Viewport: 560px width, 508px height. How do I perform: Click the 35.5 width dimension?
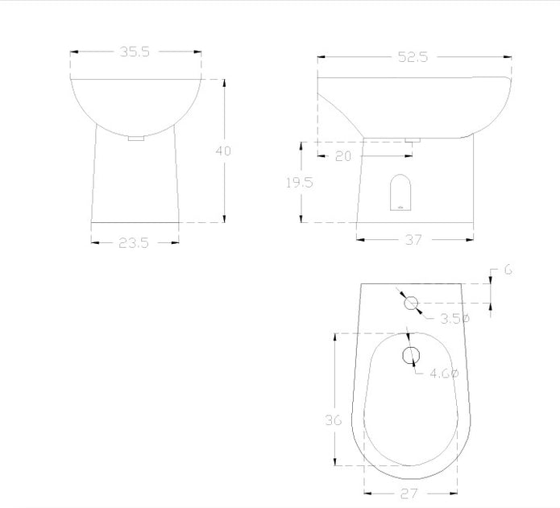pyautogui.click(x=135, y=52)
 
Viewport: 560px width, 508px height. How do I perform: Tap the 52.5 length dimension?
pyautogui.click(x=413, y=57)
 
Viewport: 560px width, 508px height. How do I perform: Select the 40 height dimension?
pyautogui.click(x=223, y=151)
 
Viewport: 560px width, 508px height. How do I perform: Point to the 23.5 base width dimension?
pyautogui.click(x=133, y=243)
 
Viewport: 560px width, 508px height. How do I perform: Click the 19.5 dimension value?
pyautogui.click(x=300, y=183)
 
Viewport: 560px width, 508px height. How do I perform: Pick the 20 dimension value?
pyautogui.click(x=343, y=156)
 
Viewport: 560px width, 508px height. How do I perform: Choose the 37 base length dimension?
pyautogui.click(x=413, y=240)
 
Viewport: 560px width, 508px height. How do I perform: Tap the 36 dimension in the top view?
pyautogui.click(x=334, y=420)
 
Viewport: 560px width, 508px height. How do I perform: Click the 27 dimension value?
pyautogui.click(x=409, y=494)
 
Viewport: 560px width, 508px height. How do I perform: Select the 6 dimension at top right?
pyautogui.click(x=508, y=270)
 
